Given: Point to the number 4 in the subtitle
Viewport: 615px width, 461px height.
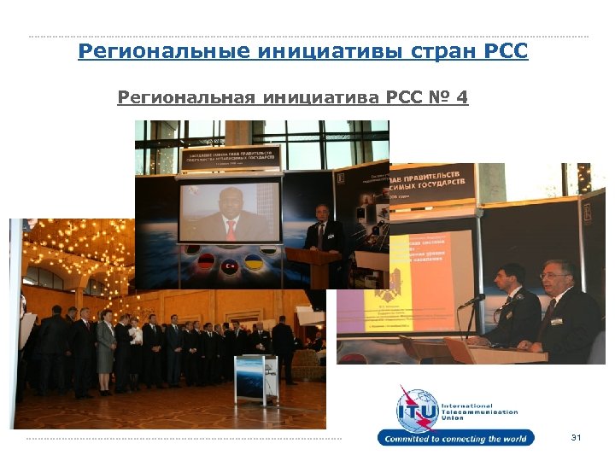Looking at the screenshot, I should [461, 98].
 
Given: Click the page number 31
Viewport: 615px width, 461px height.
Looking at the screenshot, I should [575, 438].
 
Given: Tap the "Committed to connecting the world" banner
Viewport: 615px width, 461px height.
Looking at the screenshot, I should [456, 439].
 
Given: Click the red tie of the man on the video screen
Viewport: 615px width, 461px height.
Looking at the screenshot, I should [231, 229].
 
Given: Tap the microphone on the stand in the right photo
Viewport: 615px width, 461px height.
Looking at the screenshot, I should [472, 301].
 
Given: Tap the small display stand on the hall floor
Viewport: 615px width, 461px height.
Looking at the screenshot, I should [255, 376].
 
